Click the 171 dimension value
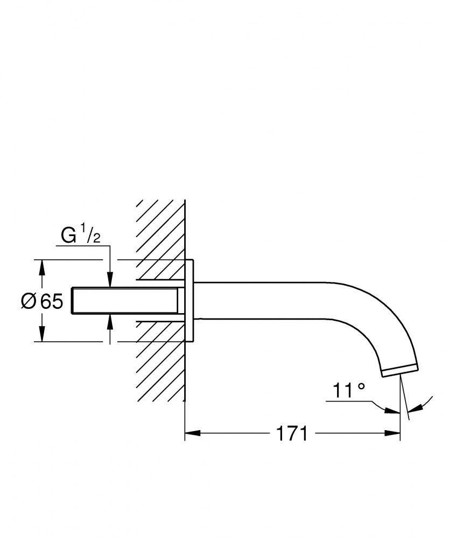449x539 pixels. [x=292, y=433]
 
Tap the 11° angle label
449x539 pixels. [x=348, y=390]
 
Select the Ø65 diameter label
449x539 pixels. [x=42, y=301]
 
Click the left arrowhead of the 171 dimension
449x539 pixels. [x=193, y=433]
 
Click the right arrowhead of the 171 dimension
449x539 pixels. [x=392, y=433]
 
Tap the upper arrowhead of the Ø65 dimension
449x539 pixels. [x=42, y=267]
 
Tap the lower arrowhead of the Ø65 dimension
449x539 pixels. [x=42, y=334]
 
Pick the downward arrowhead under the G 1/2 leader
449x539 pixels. [x=110, y=279]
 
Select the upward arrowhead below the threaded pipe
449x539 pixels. [x=110, y=322]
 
